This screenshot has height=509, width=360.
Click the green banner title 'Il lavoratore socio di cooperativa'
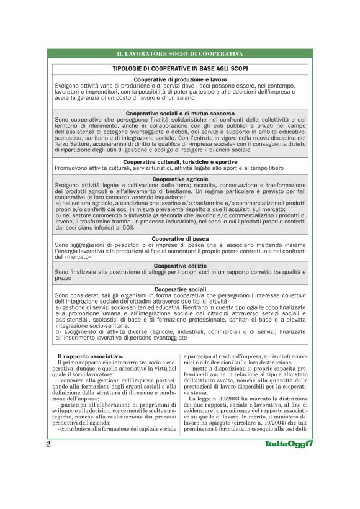click(x=180, y=55)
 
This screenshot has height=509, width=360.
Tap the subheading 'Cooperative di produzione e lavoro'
click(x=180, y=80)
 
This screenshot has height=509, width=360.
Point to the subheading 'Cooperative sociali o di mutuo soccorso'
click(x=180, y=114)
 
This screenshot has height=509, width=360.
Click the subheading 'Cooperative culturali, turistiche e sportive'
click(x=180, y=161)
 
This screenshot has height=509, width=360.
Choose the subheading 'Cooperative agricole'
click(x=180, y=179)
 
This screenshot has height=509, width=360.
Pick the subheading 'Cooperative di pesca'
click(x=180, y=238)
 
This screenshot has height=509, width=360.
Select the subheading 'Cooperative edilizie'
click(x=180, y=265)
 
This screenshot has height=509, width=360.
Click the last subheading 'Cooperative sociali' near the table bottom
click(x=180, y=289)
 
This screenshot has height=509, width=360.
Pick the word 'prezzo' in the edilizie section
click(x=63, y=278)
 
